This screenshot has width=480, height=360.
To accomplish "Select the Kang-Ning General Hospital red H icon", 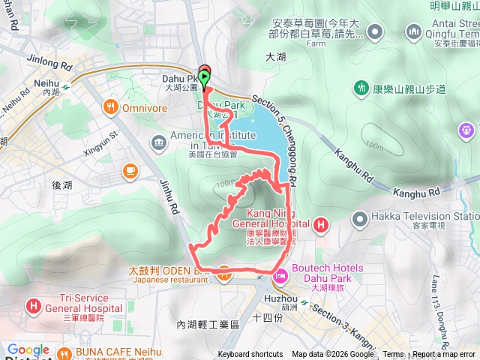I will pos(320,223).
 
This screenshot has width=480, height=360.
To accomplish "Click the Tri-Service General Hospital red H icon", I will pos(34,306).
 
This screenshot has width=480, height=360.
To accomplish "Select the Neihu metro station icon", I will pos(65,85).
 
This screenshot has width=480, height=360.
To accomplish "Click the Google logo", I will pos(28,350).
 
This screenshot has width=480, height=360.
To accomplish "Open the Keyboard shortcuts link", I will pos(250,355).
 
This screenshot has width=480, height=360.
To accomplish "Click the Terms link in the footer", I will pos(393,355).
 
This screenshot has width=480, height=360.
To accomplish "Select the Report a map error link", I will pos(445,355).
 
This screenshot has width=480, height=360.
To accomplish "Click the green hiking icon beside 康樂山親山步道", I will pos(361,89).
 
